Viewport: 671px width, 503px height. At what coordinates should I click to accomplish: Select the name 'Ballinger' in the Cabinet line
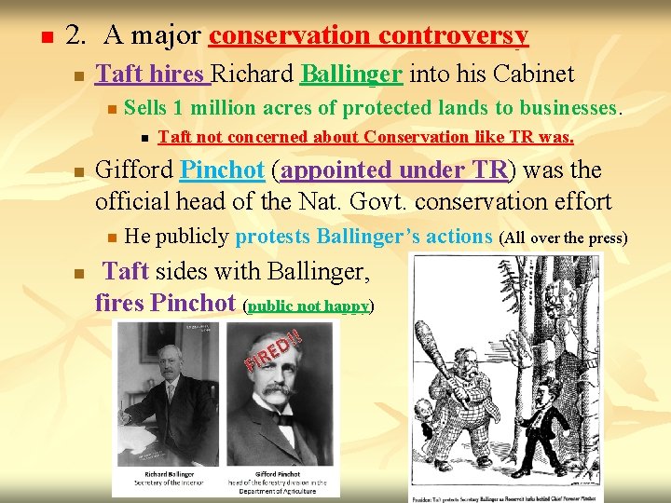tap(351, 74)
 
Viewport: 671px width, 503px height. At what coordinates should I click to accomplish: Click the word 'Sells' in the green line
tap(144, 107)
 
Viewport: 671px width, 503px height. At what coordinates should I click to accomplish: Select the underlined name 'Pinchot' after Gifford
tap(222, 170)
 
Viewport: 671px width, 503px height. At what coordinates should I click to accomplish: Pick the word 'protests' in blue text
tap(273, 237)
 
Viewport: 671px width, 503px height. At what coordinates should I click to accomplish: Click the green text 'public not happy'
tap(308, 305)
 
